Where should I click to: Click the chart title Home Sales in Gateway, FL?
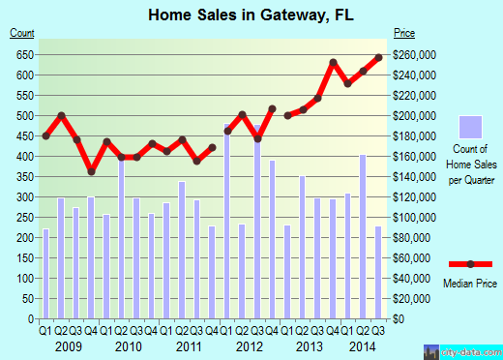coord(251,15)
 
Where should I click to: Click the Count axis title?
coord(22,34)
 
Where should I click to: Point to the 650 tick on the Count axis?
coord(22,54)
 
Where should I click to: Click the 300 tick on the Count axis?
coord(22,197)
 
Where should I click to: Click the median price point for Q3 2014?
coord(378,57)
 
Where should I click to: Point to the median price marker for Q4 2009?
coord(92,172)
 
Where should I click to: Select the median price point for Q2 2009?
coord(61,116)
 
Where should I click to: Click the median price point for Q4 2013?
coord(333,63)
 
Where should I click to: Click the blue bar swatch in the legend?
coord(469,129)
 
